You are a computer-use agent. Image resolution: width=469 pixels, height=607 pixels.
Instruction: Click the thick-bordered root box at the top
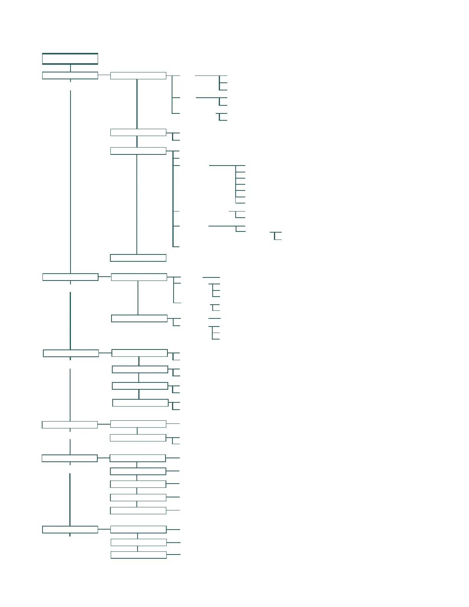(70, 59)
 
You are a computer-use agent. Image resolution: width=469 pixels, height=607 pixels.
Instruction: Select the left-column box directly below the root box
(70, 75)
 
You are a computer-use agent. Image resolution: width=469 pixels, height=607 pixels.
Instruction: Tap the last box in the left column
(70, 530)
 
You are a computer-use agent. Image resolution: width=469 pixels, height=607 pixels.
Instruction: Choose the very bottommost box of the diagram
(139, 555)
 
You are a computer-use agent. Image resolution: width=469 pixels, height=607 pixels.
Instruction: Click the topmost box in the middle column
(138, 75)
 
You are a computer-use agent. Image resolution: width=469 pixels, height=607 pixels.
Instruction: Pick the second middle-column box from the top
(138, 132)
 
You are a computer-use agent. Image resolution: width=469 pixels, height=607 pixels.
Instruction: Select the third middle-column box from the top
(138, 151)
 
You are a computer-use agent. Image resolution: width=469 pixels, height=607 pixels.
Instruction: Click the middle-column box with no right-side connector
(138, 258)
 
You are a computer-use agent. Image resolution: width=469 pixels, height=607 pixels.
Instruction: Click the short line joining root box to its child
(70, 68)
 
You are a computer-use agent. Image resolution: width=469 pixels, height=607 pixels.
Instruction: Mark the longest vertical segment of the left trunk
(71, 180)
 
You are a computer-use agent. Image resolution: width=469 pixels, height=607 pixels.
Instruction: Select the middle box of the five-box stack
(138, 484)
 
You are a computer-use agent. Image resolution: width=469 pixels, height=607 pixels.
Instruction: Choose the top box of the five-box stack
(138, 458)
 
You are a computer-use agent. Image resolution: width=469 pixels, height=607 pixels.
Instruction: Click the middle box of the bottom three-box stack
(139, 542)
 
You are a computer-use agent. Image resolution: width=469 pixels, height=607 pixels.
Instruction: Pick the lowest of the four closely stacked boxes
(141, 403)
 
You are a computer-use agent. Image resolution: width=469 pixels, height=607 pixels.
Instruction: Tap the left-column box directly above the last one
(70, 458)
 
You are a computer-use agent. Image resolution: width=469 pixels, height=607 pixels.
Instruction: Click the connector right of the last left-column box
(104, 530)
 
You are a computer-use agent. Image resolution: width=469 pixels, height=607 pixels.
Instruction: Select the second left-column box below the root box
(71, 277)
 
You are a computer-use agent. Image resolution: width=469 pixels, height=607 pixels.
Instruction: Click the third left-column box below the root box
(71, 353)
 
